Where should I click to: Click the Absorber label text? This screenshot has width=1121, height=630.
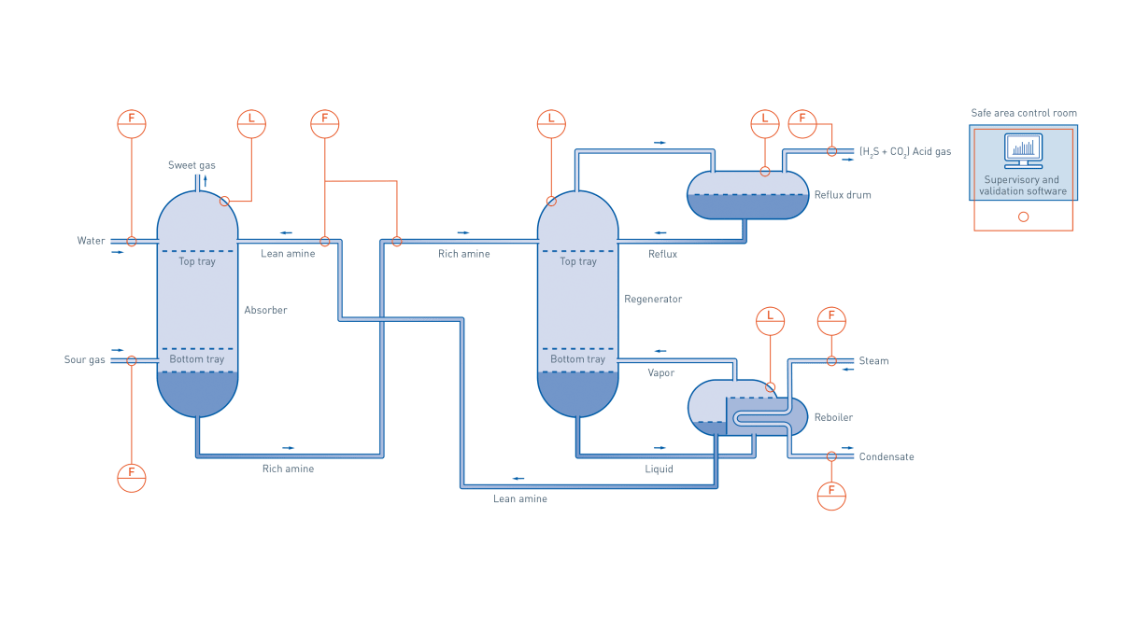point(265,310)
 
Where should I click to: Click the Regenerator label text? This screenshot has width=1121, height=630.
point(653,300)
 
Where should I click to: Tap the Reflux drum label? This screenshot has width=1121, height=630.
point(842,195)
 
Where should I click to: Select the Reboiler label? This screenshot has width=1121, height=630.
point(832,417)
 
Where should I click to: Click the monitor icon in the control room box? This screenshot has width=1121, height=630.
point(1023,150)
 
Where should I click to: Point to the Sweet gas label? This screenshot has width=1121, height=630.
point(192,165)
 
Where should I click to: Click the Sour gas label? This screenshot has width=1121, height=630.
point(85,360)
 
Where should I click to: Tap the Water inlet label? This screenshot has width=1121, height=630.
point(91,241)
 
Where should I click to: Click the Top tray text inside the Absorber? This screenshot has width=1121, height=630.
point(197,261)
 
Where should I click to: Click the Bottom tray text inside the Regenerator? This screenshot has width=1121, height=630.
point(577,359)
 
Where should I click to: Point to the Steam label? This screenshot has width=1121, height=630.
point(873,361)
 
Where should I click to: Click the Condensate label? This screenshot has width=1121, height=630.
point(887,457)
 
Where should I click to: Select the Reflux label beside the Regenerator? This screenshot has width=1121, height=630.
point(662,254)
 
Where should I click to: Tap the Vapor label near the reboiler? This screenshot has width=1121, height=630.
point(661,373)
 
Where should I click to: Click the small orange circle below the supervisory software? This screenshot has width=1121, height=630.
point(1023,217)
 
